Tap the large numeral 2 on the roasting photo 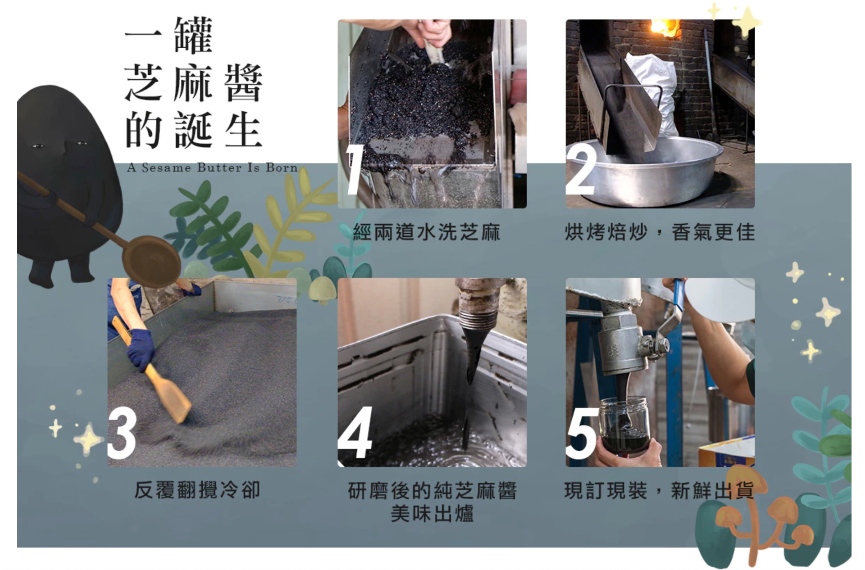581,170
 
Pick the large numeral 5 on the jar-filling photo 583,433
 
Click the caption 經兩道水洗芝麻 426,232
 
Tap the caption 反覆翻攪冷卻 197,490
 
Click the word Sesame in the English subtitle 166,168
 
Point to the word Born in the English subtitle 282,168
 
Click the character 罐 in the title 193,35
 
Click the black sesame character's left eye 38,146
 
